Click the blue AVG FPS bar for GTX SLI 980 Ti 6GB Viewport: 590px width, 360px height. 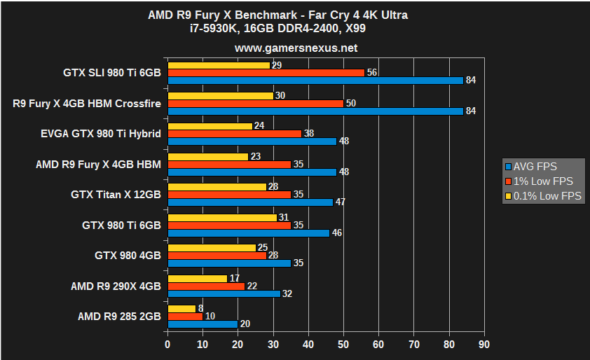pyautogui.click(x=315, y=80)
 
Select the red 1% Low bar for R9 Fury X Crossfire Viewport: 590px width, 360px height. pyautogui.click(x=255, y=103)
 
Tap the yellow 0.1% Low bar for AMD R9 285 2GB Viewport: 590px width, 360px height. pyautogui.click(x=181, y=309)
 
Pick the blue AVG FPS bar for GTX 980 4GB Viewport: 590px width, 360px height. pyautogui.click(x=229, y=263)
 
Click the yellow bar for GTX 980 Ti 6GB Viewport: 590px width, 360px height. pyautogui.click(x=222, y=217)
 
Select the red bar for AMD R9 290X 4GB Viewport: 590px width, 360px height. pyautogui.click(x=206, y=286)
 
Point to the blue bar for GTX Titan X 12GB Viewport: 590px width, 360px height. pyautogui.click(x=250, y=202)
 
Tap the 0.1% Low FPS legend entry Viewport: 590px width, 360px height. pyautogui.click(x=544, y=196)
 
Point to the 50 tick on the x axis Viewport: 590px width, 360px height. pyautogui.click(x=343, y=345)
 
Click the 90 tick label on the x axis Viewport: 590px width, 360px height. pyautogui.click(x=483, y=345)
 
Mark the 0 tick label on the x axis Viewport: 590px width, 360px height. pyautogui.click(x=167, y=345)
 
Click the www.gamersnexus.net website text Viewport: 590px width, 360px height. pyautogui.click(x=296, y=48)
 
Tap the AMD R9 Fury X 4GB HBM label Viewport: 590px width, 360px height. pyautogui.click(x=98, y=164)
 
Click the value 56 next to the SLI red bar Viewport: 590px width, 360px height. pyautogui.click(x=371, y=72)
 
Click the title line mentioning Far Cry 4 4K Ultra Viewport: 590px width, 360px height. pyautogui.click(x=296, y=15)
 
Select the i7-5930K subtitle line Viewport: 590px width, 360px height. pyautogui.click(x=296, y=29)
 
